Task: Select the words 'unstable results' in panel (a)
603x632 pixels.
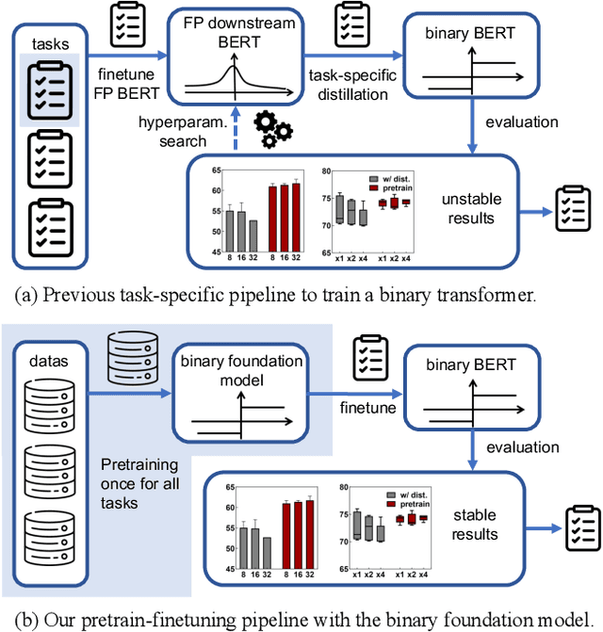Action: [x=467, y=208]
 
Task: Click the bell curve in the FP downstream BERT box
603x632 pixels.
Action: [x=229, y=80]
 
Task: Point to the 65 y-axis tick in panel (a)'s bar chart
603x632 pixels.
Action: [x=215, y=170]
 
